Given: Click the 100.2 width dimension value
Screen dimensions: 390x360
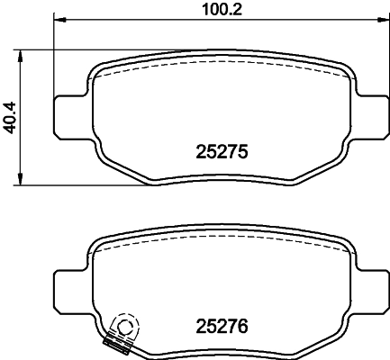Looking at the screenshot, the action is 222,9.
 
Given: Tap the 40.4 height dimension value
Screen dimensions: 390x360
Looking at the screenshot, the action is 9,118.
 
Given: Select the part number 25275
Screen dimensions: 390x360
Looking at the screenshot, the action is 222,152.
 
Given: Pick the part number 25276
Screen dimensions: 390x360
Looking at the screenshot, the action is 222,326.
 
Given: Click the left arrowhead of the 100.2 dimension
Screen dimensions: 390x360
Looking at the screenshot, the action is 59,20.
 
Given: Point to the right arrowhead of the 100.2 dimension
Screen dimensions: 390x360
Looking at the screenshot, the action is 382,20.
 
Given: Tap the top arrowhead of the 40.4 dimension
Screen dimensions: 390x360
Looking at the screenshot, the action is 20,56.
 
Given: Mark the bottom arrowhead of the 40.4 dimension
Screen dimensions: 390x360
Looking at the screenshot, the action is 20,179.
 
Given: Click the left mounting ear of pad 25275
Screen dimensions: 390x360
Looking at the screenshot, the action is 70,117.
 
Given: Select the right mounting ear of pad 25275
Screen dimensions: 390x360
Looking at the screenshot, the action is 372,117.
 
